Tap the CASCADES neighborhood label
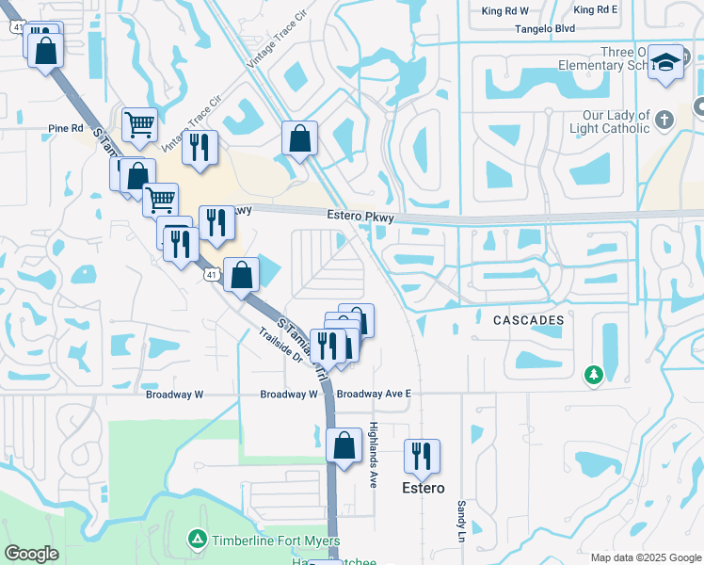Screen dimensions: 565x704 click(529, 320)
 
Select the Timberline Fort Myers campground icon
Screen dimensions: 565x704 click(197, 539)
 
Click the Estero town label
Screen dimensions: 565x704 click(423, 488)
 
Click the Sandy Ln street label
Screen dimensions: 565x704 click(461, 520)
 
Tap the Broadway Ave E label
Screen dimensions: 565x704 click(375, 394)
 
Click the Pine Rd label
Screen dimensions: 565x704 click(66, 128)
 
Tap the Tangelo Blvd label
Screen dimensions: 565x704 click(544, 29)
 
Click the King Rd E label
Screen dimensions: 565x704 click(594, 9)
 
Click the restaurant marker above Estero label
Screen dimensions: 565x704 click(422, 456)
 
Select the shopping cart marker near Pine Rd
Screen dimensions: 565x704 click(139, 124)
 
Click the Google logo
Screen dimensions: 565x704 click(31, 554)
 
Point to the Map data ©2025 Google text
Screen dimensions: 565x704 click(645, 557)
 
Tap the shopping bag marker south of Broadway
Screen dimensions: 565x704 click(344, 444)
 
